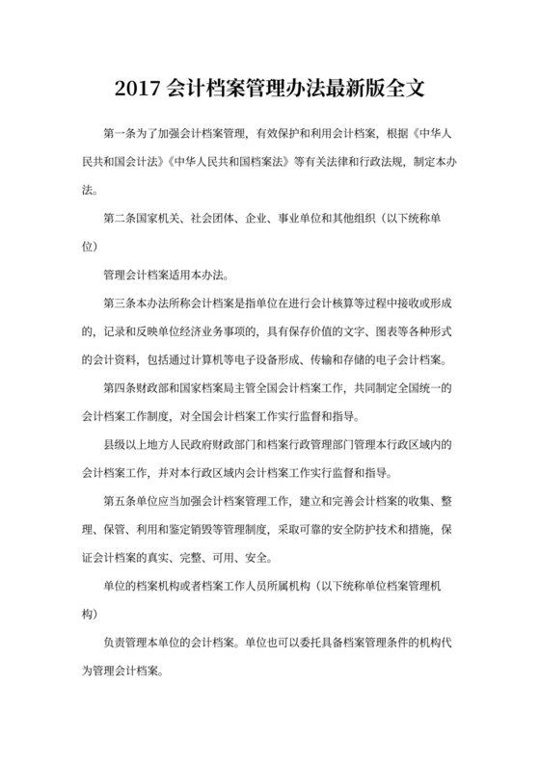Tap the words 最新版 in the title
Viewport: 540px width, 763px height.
(x=346, y=90)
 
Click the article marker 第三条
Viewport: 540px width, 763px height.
(x=120, y=303)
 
